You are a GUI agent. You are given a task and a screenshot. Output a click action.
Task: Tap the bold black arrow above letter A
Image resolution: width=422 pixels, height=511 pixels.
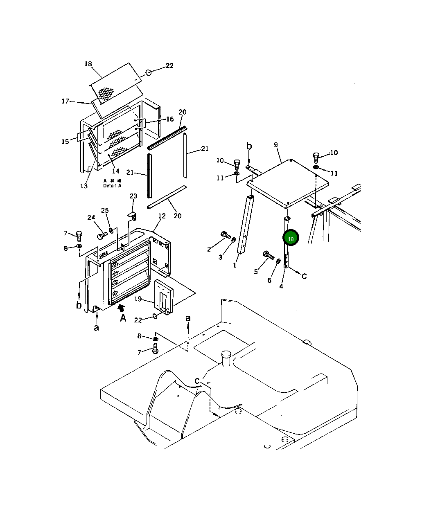[x=121, y=308]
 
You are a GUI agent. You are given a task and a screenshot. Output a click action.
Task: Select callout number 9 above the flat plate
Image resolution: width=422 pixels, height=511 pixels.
[x=276, y=145]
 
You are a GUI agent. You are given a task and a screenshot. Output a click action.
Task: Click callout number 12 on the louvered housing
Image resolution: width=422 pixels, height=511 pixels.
[x=162, y=216]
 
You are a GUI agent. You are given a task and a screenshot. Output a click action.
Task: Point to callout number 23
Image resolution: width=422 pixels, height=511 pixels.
[x=133, y=196]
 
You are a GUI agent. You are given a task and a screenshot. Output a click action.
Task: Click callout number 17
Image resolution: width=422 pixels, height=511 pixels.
[x=65, y=101]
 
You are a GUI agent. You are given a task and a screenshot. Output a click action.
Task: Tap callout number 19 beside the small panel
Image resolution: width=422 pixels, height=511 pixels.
[x=138, y=299]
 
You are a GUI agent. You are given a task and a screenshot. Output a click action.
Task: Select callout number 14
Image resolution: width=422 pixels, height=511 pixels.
[x=116, y=171]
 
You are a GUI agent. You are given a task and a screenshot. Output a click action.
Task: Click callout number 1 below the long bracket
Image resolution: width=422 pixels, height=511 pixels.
[x=235, y=265]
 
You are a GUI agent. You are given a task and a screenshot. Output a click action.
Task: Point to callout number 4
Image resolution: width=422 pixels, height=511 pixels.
[x=281, y=286]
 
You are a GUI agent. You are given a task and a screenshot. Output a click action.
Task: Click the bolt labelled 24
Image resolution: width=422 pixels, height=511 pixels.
[x=102, y=236]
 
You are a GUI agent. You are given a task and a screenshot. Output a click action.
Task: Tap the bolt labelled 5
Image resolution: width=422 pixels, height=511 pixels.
[x=268, y=255]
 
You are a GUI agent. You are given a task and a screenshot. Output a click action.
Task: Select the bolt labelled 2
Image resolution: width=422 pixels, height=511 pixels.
[x=225, y=235]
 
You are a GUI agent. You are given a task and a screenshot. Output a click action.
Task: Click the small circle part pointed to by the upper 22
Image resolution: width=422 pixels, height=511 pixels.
[x=149, y=72]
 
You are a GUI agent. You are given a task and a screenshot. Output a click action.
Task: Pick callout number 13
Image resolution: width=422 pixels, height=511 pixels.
[x=84, y=186]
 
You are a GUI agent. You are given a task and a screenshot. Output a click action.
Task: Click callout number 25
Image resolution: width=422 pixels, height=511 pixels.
[x=105, y=210]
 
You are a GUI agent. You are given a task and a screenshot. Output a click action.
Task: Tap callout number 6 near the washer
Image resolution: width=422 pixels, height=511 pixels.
[x=269, y=280]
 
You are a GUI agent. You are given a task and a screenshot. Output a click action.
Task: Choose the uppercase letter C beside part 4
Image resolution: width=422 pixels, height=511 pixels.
[x=304, y=276]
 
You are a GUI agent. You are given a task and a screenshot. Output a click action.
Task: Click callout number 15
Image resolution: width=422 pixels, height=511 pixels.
[x=65, y=142]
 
